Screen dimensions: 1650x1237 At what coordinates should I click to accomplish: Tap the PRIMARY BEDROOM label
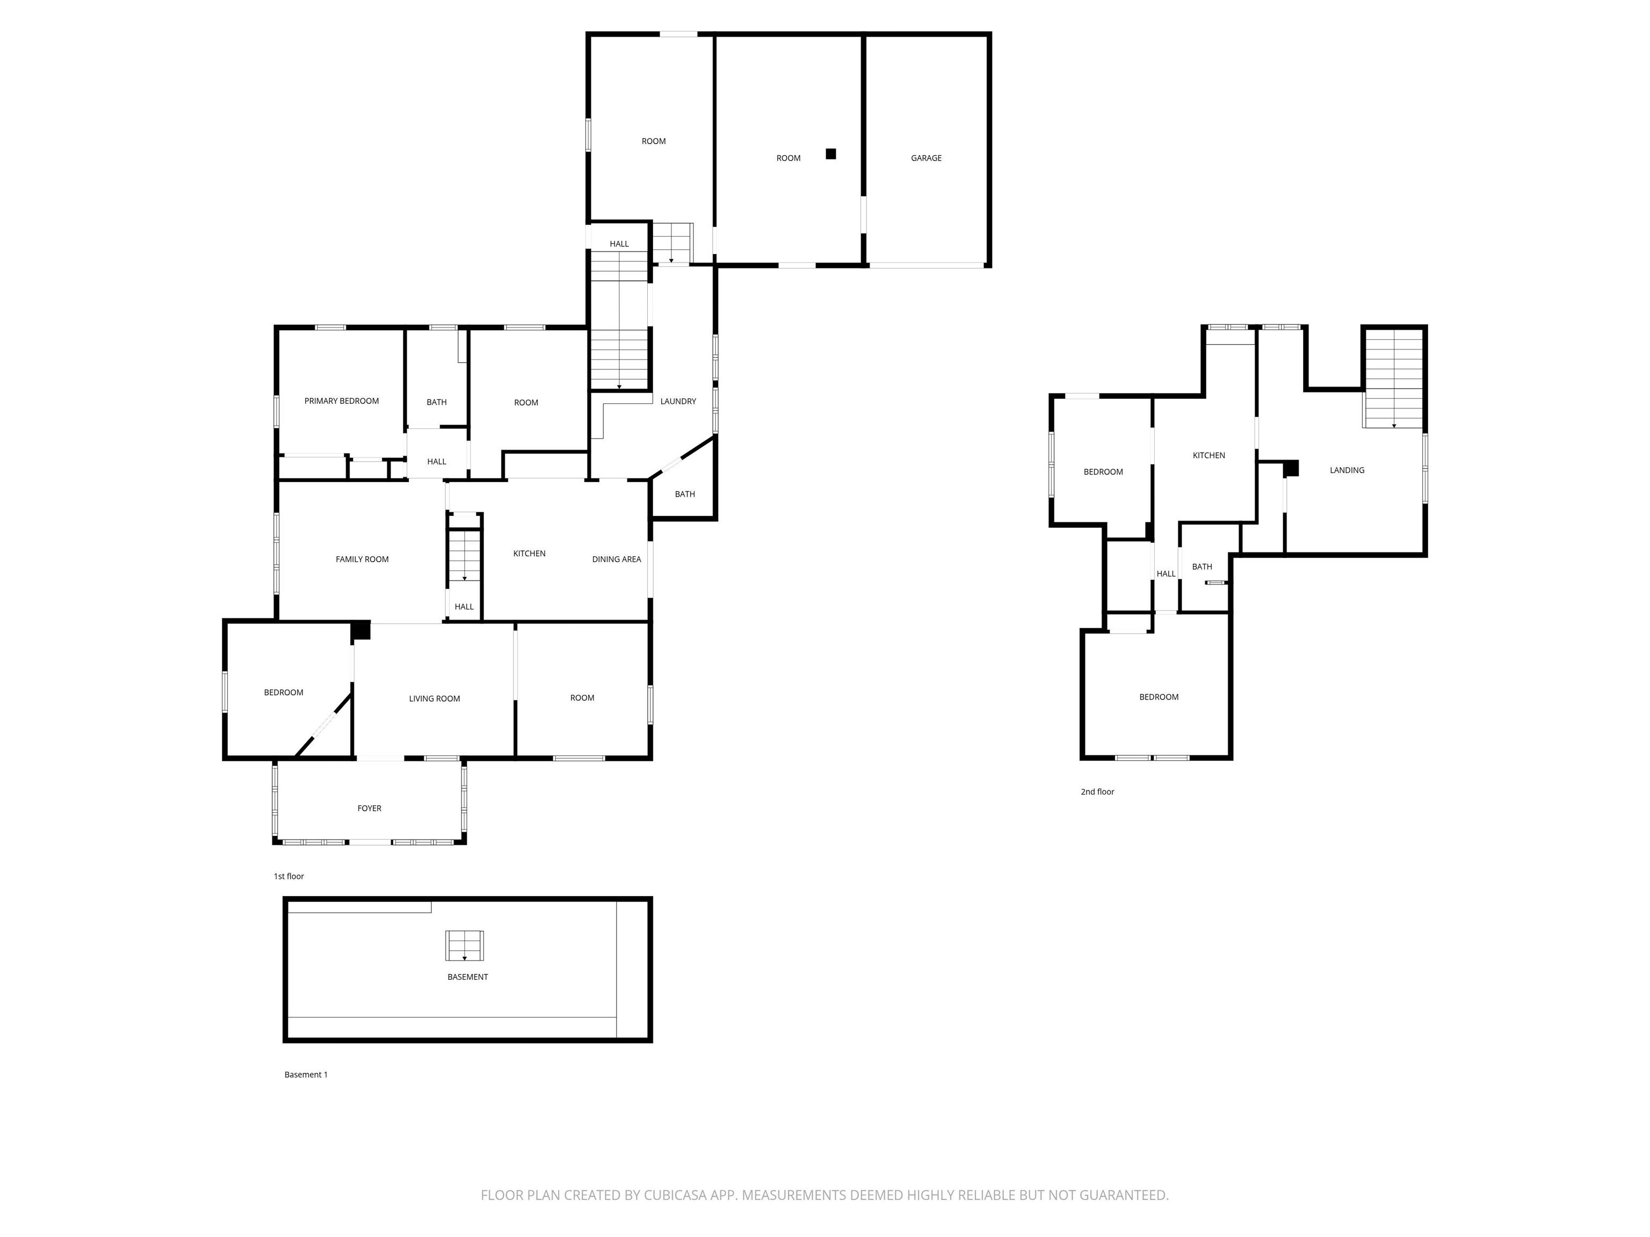(x=342, y=401)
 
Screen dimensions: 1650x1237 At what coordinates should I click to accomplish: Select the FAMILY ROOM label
(x=362, y=559)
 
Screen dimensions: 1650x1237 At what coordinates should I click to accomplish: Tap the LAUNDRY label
(x=678, y=401)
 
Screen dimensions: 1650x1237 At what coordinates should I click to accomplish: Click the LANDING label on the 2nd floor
(x=1347, y=470)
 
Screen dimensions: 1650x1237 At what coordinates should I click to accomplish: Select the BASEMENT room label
(x=468, y=977)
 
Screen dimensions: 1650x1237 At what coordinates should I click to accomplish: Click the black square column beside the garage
(x=831, y=154)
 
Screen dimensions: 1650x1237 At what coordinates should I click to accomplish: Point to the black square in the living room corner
(x=361, y=630)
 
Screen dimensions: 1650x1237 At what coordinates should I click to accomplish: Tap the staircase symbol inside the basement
(x=465, y=945)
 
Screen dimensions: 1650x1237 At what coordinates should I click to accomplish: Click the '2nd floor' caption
(x=1097, y=792)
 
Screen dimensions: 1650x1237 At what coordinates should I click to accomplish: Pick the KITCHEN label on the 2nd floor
(x=1208, y=456)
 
